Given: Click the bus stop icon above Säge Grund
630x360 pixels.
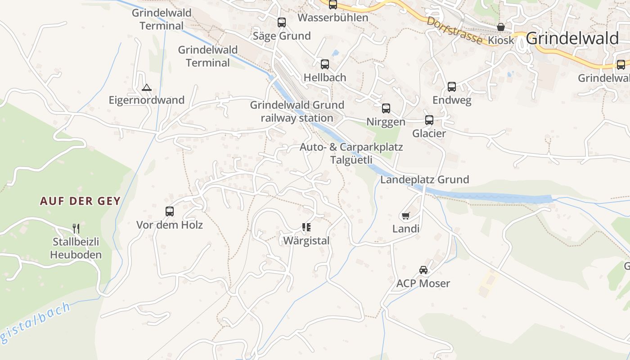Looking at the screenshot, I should (x=282, y=22).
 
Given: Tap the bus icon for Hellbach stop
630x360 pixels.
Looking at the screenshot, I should (x=325, y=64).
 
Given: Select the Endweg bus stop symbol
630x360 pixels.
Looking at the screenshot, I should (x=452, y=87).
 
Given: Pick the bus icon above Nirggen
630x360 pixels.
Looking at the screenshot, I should (x=386, y=108).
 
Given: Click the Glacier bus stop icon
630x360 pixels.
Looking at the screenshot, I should (x=429, y=120).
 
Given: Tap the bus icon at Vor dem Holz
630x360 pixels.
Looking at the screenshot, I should (x=170, y=211).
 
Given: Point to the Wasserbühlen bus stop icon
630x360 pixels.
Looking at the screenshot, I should (x=333, y=4).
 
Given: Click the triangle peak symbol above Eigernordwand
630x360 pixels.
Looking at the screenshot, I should (x=146, y=87).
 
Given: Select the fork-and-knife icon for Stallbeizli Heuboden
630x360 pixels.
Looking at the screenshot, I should (x=76, y=229).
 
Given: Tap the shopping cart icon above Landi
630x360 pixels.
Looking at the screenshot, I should (x=405, y=216).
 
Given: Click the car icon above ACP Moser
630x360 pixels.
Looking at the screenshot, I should (x=423, y=270).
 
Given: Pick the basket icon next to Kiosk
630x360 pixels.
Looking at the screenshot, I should (x=500, y=27).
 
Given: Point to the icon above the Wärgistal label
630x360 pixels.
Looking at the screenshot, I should (x=306, y=227).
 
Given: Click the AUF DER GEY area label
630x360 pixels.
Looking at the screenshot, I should (x=81, y=201).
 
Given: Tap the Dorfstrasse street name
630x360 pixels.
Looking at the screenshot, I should (x=454, y=31).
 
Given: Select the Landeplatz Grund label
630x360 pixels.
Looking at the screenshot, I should (x=424, y=180).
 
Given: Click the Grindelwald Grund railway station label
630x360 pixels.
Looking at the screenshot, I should (x=297, y=112).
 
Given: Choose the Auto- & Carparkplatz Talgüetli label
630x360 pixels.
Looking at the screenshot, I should (x=351, y=153).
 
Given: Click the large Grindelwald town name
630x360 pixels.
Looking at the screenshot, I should (x=572, y=39).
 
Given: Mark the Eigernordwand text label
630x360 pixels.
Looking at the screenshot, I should (x=147, y=100).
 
